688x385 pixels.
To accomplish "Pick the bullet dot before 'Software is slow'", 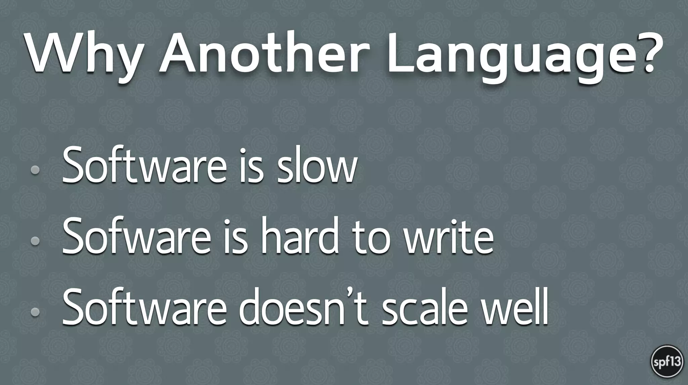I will [35, 170].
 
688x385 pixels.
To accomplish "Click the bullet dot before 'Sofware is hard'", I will [35, 241].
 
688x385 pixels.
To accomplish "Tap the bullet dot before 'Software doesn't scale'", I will [35, 312].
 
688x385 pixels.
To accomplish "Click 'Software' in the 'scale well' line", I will [144, 307].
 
